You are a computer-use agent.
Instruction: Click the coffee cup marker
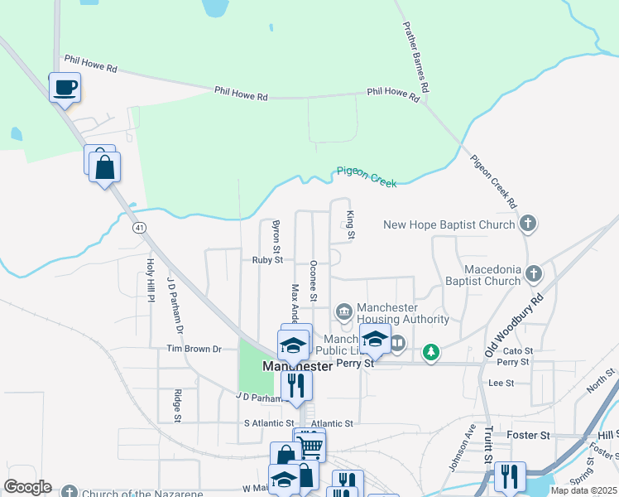coord(65,87)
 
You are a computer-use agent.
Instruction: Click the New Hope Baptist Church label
coord(450,224)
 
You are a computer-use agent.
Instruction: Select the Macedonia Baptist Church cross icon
coord(534,273)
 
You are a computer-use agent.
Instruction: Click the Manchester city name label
coord(296,365)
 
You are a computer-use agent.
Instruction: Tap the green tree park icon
coord(430,353)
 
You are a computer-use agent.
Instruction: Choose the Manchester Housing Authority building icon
coord(344,311)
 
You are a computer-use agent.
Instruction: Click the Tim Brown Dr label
coord(194,350)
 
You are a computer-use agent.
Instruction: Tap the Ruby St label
coord(267,260)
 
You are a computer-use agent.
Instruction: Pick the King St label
coord(351,225)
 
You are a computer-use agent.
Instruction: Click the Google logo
coord(27,487)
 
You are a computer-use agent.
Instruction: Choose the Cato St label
coord(514,351)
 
